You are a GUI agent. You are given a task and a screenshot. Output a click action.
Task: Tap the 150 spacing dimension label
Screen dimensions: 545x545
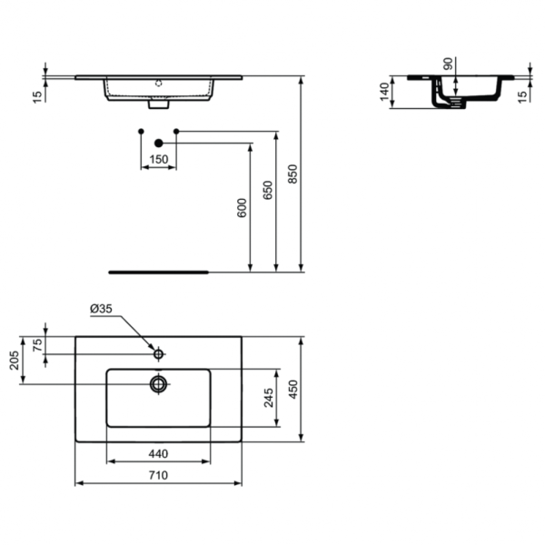tap(158, 159)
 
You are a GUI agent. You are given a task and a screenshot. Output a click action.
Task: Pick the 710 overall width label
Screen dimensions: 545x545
tap(158, 474)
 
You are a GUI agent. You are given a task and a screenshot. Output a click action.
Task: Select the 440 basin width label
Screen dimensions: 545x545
tap(159, 452)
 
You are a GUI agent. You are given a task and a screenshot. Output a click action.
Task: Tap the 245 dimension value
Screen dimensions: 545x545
tap(268, 399)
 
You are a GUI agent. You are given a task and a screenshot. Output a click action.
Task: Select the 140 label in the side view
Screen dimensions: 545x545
tap(384, 91)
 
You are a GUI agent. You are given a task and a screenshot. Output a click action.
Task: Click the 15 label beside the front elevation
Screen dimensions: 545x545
tap(37, 96)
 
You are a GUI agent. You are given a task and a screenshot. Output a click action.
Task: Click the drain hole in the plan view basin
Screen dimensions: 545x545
tap(159, 383)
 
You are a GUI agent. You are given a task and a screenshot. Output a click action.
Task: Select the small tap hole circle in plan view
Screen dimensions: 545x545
tap(159, 352)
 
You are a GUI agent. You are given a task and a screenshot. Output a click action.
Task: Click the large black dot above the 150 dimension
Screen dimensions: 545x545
tap(158, 143)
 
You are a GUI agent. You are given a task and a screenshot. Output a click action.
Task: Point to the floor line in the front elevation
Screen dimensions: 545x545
tap(159, 271)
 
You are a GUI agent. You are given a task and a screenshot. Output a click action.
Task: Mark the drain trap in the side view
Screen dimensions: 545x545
tap(446, 100)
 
